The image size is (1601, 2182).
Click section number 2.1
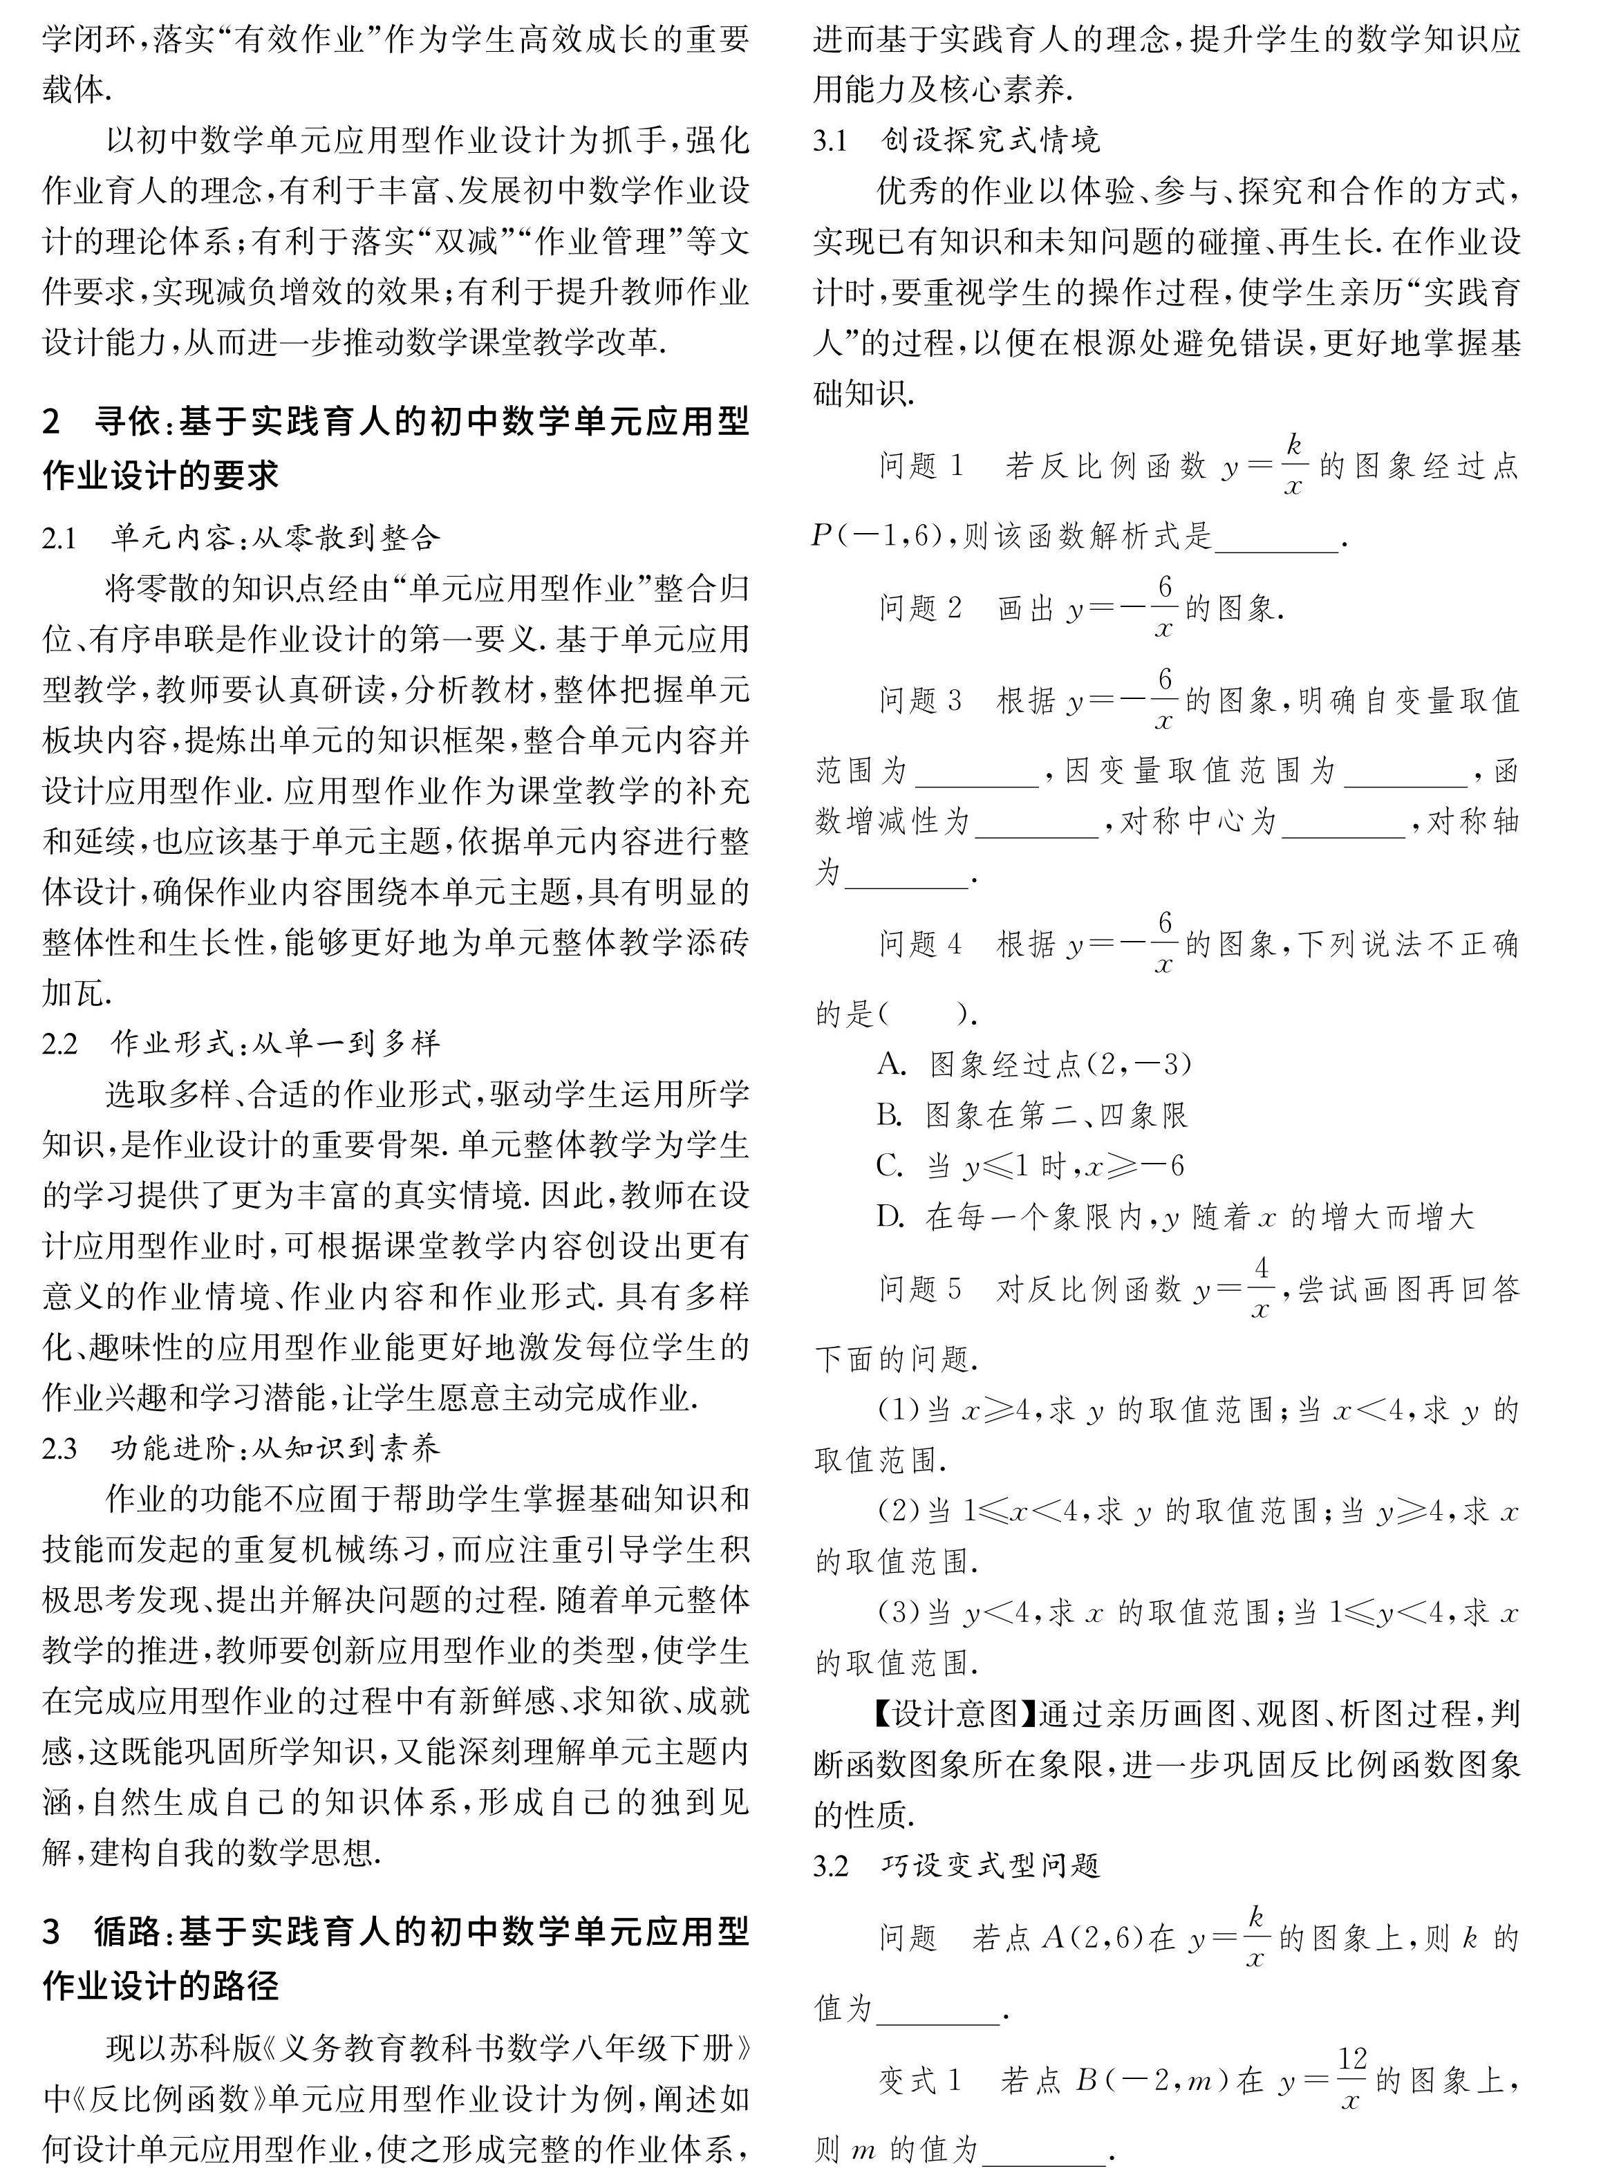tap(59, 538)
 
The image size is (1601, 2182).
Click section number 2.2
tap(59, 1044)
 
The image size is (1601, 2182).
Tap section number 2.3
tap(59, 1449)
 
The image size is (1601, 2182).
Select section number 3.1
tap(830, 142)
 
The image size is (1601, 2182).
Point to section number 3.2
tap(830, 1866)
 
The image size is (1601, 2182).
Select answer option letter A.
tap(890, 1065)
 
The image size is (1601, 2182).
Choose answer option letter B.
tap(890, 1116)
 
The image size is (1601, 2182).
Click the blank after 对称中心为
tap(1343, 824)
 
